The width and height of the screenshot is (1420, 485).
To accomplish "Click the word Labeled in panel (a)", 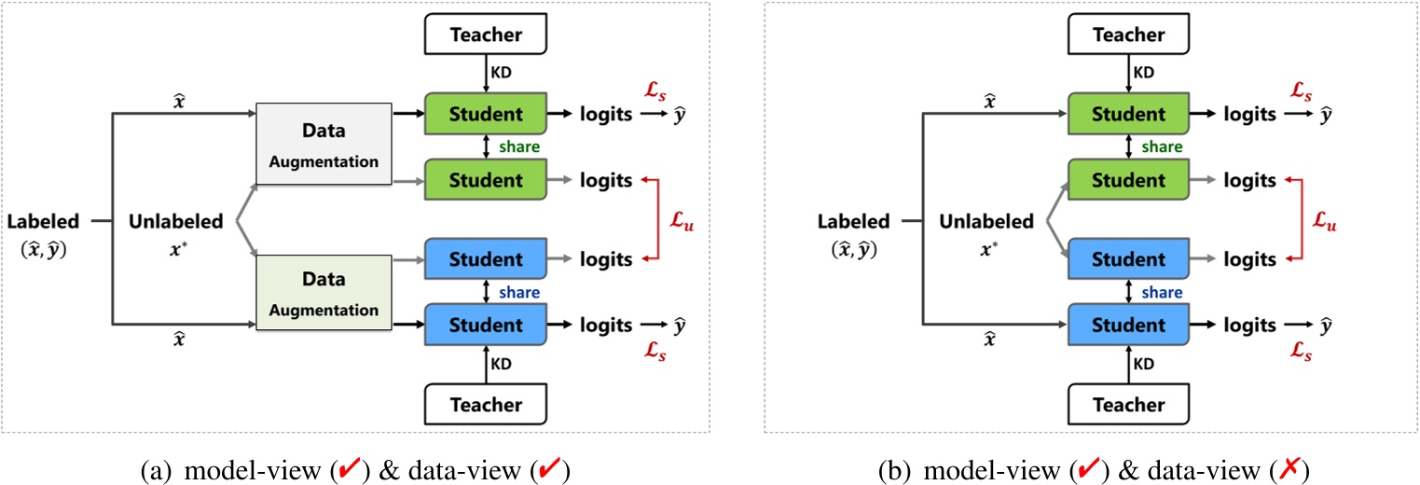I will click(42, 221).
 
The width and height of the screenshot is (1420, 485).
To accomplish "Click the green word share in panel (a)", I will click(520, 147).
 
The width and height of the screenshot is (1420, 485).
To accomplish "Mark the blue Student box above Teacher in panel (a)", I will click(486, 325).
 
